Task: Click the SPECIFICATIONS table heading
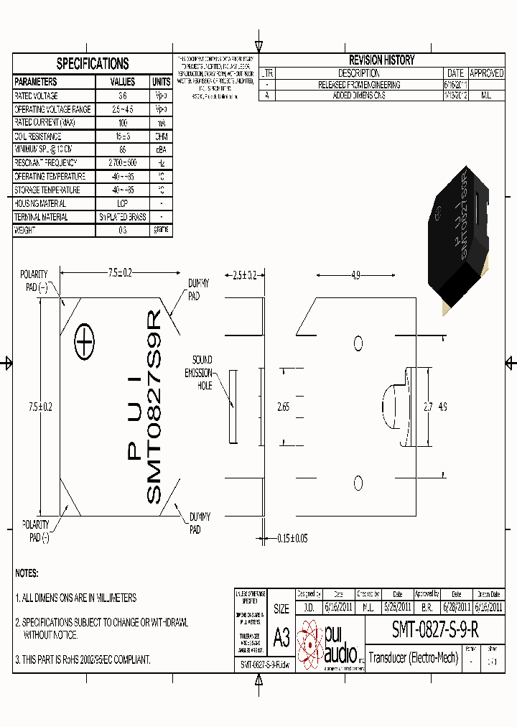tap(93, 63)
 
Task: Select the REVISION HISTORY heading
tap(381, 60)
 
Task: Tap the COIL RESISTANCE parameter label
tap(38, 136)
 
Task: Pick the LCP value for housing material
tap(122, 204)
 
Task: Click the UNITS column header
tap(161, 82)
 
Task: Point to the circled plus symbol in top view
tap(85, 344)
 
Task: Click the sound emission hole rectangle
tap(232, 407)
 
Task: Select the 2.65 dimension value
tap(284, 407)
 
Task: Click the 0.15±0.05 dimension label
tap(292, 539)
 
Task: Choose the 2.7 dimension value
tap(428, 407)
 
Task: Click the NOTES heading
tap(27, 573)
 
